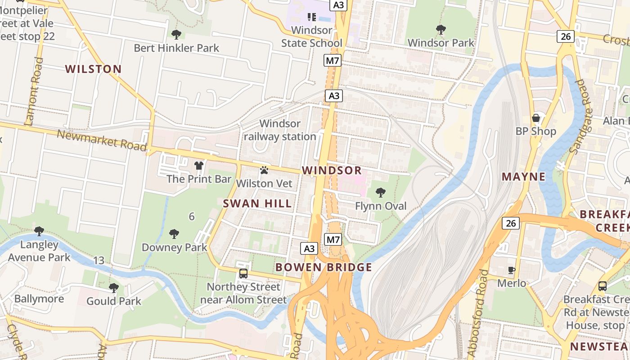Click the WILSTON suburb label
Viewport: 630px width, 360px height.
point(93,69)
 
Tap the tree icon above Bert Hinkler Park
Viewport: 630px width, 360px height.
point(176,34)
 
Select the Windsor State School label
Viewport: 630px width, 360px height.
point(312,36)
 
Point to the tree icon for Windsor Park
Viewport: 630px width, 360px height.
point(441,30)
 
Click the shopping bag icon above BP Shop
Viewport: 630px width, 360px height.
point(536,118)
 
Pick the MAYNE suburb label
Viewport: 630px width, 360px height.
point(523,176)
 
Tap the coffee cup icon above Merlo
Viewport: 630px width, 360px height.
point(512,270)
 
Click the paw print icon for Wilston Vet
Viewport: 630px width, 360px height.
point(264,170)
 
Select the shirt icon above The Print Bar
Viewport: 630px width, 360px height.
point(199,166)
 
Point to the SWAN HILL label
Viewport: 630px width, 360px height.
point(257,203)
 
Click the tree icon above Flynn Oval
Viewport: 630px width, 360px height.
point(381,193)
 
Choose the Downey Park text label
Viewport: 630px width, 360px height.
point(174,247)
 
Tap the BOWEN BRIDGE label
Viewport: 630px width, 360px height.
point(324,267)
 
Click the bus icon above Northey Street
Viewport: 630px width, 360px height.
point(243,273)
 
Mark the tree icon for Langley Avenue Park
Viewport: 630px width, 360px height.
point(39,231)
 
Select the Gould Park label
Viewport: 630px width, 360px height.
point(114,301)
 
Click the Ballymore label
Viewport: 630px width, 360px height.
point(39,299)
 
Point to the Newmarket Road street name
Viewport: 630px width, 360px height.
point(102,140)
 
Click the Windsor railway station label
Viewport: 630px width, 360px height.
point(280,130)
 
